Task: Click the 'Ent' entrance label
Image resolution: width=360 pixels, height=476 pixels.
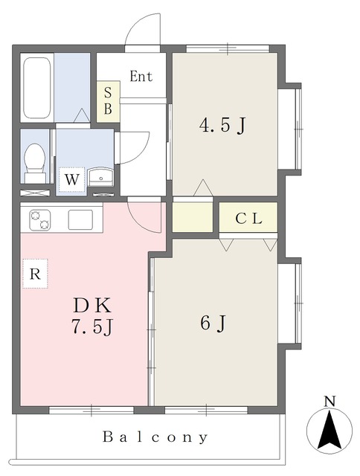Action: click(x=141, y=76)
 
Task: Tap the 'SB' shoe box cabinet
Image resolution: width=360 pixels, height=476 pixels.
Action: click(x=108, y=102)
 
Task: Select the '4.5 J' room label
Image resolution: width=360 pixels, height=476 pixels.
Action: click(x=222, y=125)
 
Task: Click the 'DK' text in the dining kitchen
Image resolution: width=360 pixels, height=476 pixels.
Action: click(x=92, y=306)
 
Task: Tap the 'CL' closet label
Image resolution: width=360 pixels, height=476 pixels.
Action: click(x=248, y=218)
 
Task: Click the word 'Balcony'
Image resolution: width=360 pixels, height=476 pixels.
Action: click(x=155, y=437)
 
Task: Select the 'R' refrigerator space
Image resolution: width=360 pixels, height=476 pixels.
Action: click(x=35, y=274)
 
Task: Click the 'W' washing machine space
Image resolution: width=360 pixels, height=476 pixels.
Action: click(x=71, y=179)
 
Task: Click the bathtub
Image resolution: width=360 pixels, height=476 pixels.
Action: click(x=36, y=88)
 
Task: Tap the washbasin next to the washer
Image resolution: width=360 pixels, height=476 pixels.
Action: click(x=100, y=177)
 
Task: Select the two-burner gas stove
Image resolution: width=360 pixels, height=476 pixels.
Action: click(x=39, y=220)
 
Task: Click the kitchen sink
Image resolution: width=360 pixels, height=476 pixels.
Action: click(x=80, y=220)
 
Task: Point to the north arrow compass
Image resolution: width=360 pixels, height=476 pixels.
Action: click(x=330, y=429)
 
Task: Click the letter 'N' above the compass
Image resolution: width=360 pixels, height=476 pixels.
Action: click(x=330, y=402)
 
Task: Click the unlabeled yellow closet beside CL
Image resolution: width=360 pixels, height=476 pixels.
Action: click(x=193, y=217)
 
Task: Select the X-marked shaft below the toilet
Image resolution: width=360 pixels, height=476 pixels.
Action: click(x=35, y=193)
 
